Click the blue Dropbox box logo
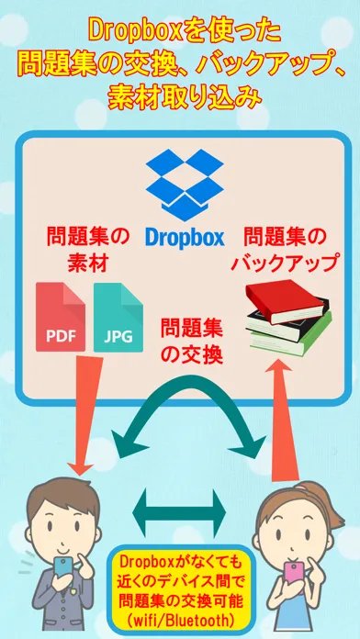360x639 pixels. [x=185, y=185]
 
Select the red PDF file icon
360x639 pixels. [x=61, y=317]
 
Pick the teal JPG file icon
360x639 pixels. [x=118, y=317]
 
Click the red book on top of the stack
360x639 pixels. [x=285, y=300]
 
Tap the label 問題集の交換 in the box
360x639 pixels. [x=192, y=342]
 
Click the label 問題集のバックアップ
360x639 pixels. [x=285, y=250]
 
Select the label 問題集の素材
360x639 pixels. [x=88, y=249]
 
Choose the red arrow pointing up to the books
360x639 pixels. [x=284, y=420]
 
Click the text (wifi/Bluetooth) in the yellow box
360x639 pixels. [x=180, y=621]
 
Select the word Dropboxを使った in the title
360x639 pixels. [x=185, y=32]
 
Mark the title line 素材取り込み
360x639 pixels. [x=184, y=97]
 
